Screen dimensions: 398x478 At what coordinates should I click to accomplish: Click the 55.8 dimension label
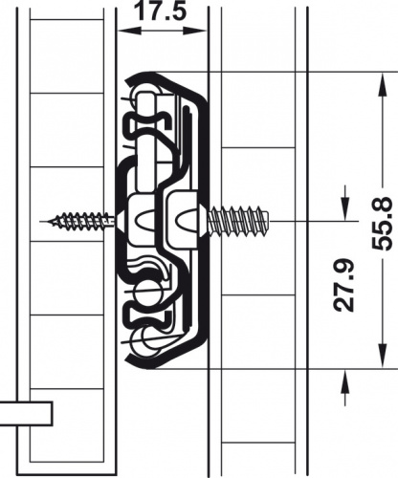pyautogui.click(x=382, y=223)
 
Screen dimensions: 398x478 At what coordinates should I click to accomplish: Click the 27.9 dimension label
pyautogui.click(x=344, y=286)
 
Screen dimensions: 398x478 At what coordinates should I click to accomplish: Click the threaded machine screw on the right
pyautogui.click(x=238, y=220)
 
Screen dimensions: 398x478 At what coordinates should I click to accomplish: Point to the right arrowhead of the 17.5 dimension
pyautogui.click(x=195, y=31)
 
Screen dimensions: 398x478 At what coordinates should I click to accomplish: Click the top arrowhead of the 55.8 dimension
pyautogui.click(x=382, y=84)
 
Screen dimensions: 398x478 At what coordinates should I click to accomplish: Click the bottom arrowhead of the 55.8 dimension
pyautogui.click(x=382, y=357)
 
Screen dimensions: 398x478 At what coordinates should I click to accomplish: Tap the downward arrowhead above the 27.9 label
pyautogui.click(x=345, y=208)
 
